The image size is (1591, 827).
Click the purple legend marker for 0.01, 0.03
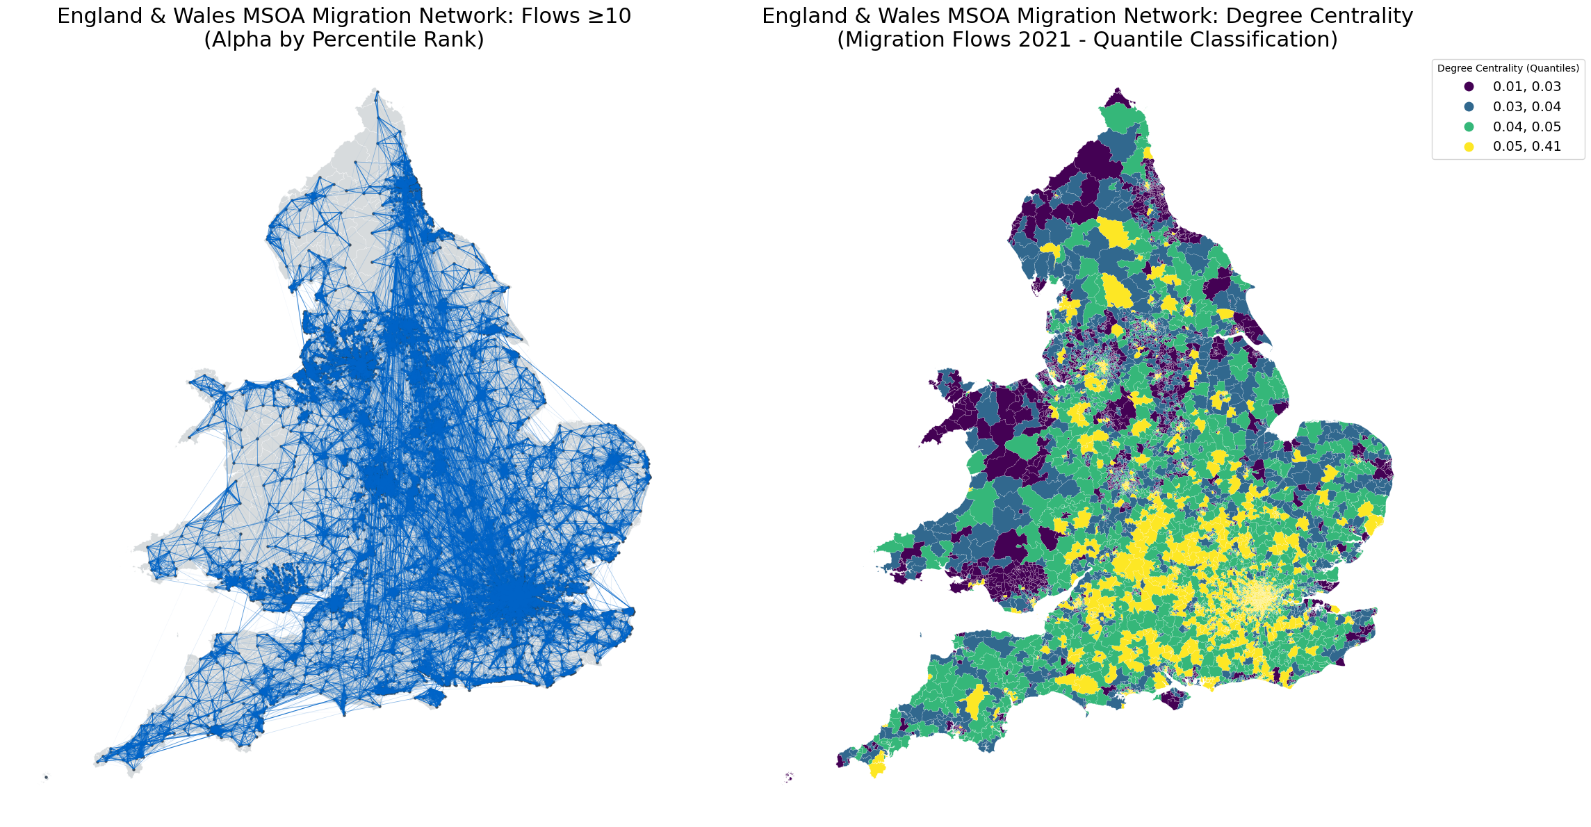1469,87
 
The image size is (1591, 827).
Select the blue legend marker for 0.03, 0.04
1469,107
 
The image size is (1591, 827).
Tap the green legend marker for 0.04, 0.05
1469,127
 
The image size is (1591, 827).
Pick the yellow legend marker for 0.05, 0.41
1469,147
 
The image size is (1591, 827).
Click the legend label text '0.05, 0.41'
1527,147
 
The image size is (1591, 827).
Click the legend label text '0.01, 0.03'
1527,87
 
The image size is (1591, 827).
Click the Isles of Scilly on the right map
789,777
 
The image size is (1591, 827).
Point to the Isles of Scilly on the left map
46,776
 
